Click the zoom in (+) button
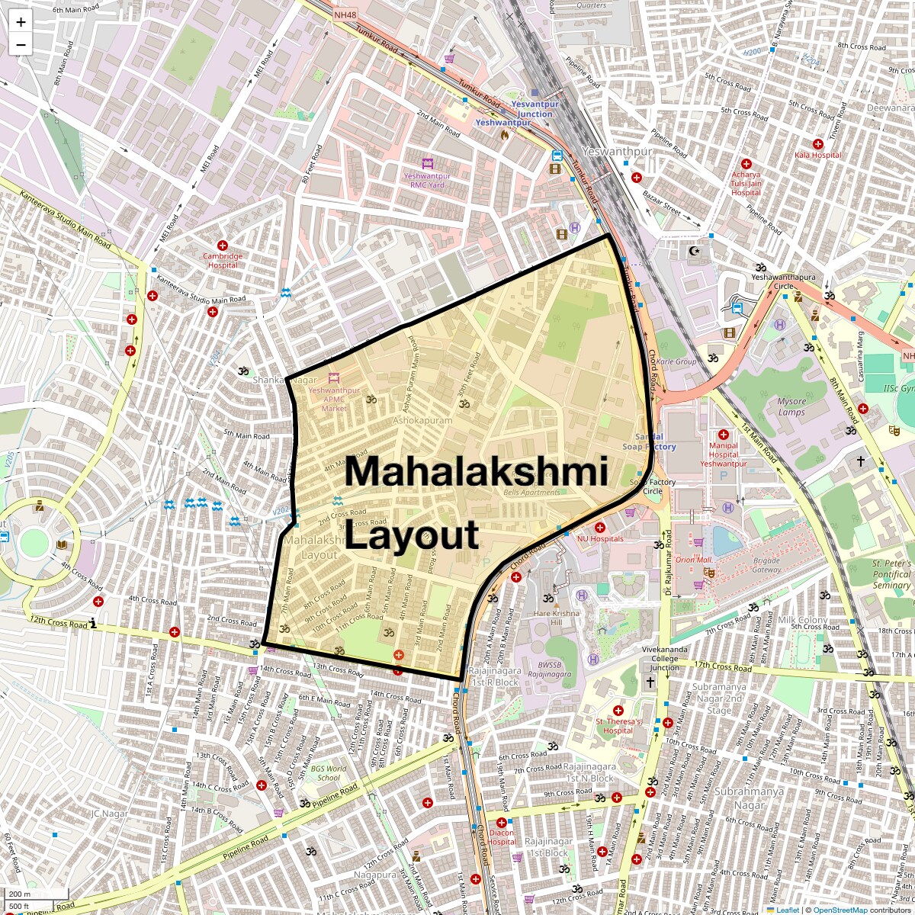(x=21, y=22)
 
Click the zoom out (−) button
(x=21, y=44)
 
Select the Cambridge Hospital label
(x=223, y=261)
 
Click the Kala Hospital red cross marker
(x=817, y=143)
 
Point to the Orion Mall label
(x=693, y=560)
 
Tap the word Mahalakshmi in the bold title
(x=476, y=470)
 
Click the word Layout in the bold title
(x=412, y=535)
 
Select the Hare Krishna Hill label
(x=557, y=618)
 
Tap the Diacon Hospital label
(x=502, y=837)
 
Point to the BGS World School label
(x=328, y=773)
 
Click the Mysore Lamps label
(x=791, y=406)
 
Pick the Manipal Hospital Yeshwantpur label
(x=723, y=454)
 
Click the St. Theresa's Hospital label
(x=618, y=725)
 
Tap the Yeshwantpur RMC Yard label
(x=427, y=180)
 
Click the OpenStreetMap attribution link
(x=840, y=910)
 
